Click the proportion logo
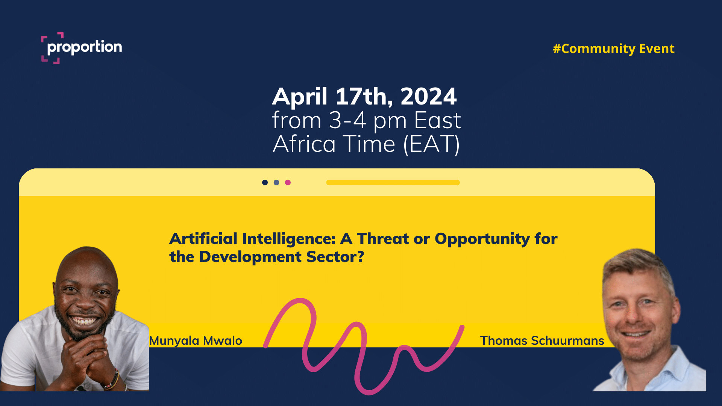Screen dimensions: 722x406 click(x=82, y=48)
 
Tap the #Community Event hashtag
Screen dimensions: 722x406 click(x=614, y=49)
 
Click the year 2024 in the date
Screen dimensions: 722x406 click(x=429, y=97)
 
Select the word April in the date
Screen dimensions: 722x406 click(x=300, y=97)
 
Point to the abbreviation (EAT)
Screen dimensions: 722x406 click(x=431, y=144)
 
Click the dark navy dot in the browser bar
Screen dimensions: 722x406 click(x=265, y=182)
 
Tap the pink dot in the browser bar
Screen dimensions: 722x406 click(x=288, y=182)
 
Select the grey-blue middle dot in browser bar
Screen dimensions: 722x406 click(x=276, y=182)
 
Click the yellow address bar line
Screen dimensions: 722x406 click(x=393, y=182)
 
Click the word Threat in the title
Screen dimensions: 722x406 click(x=383, y=239)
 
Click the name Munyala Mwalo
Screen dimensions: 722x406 click(x=196, y=341)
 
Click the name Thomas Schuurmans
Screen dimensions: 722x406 click(x=542, y=341)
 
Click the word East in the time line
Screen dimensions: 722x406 click(x=437, y=121)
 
